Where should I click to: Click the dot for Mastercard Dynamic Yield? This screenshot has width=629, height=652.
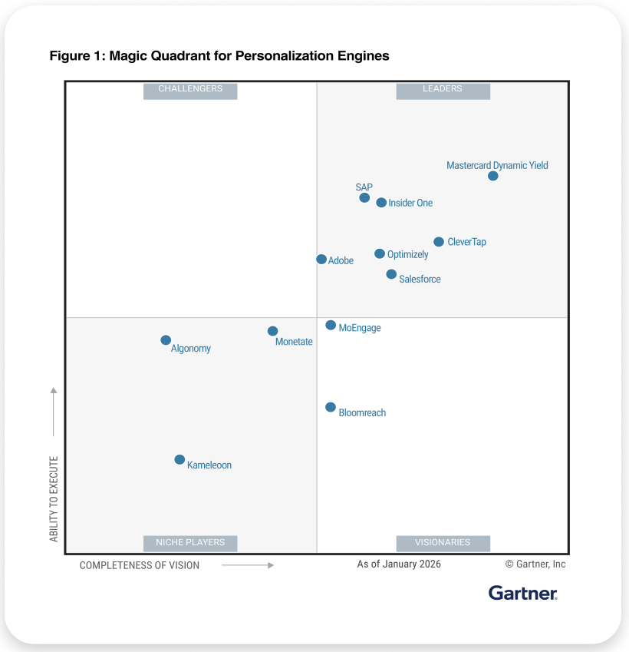coord(493,176)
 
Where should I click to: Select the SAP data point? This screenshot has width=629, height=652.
coord(364,197)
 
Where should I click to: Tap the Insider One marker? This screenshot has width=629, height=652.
coord(381,203)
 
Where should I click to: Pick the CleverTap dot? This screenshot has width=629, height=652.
coord(439,242)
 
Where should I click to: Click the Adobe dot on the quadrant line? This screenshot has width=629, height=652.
coord(321,260)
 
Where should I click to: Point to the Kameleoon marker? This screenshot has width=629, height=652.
coord(179,460)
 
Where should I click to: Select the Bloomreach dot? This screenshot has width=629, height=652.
coord(331,407)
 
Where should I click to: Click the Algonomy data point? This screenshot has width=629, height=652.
coord(166,340)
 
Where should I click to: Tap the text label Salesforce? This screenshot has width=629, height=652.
coord(420,280)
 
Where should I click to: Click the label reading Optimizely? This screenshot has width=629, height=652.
coord(407,255)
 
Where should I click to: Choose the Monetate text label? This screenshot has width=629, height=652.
coord(294,342)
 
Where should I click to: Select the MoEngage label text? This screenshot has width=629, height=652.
coord(359,328)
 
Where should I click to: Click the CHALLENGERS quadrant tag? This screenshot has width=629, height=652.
coord(190,89)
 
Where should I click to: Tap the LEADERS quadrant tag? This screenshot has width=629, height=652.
coord(443,89)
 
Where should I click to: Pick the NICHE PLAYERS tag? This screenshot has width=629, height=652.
coord(190,542)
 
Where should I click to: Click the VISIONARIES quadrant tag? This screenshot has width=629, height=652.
coord(443,542)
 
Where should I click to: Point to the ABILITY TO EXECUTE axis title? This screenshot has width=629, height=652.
coord(54,499)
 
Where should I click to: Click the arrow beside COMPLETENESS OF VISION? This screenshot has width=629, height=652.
coord(248,565)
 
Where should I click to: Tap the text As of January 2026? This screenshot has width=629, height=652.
coord(399,564)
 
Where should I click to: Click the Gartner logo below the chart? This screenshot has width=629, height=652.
coord(522,593)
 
